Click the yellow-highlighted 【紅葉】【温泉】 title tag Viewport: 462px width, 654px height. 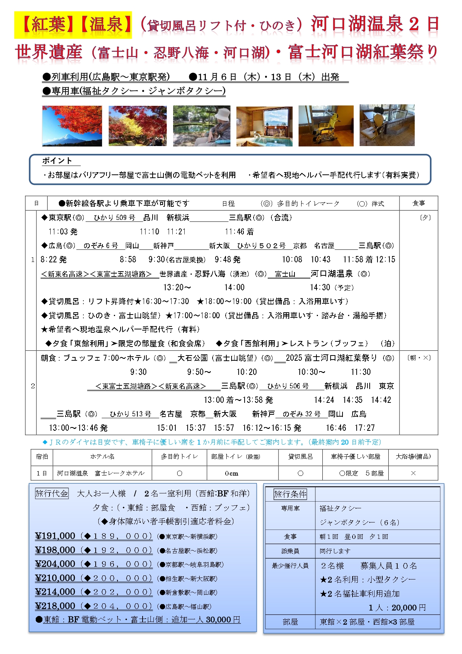tap(73, 25)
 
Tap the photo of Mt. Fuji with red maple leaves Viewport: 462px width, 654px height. tap(72, 126)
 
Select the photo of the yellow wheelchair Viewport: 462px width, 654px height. tap(326, 126)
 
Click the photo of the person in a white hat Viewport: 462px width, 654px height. tap(201, 126)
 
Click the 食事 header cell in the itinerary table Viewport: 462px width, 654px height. tap(418, 203)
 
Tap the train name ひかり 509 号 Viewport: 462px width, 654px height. tap(114, 218)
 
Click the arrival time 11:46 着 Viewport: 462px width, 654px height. tap(239, 232)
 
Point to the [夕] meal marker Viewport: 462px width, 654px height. tap(425, 218)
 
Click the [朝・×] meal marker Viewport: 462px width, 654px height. tap(419, 358)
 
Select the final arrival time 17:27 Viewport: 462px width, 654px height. tap(364, 428)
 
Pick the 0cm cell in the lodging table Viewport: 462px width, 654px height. tap(231, 473)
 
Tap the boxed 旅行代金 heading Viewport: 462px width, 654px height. tap(52, 494)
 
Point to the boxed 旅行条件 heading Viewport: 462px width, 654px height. tap(290, 494)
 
